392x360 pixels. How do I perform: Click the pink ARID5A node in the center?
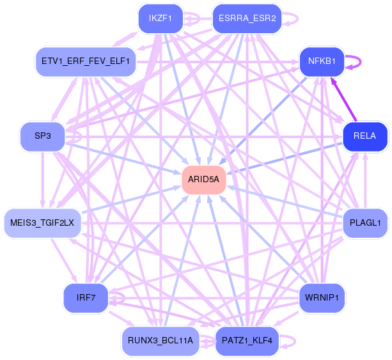tap(204, 180)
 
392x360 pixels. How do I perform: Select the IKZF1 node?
tap(161, 19)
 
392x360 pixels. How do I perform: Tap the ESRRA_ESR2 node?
tap(246, 19)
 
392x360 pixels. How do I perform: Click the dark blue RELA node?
tap(365, 136)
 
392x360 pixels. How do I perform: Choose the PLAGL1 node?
tap(365, 223)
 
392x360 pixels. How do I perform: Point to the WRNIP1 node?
tap(322, 297)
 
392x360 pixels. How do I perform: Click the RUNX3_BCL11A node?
tap(161, 340)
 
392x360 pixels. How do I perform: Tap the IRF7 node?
tap(85, 297)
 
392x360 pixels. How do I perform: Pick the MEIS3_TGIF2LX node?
tap(42, 223)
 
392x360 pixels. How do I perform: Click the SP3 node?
tap(42, 136)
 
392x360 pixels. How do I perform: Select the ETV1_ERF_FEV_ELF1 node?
tap(85, 61)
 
